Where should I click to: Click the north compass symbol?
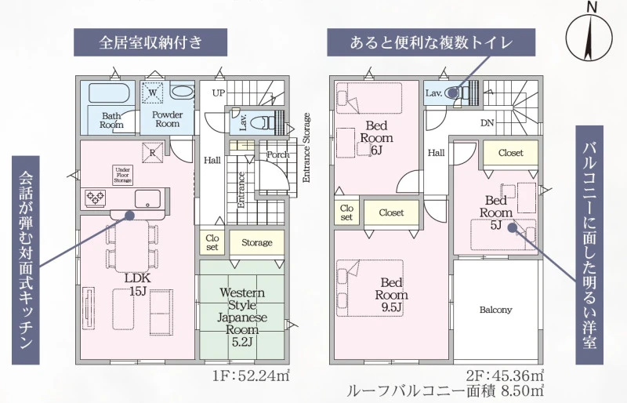coord(589,35)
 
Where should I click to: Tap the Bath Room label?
coord(111,120)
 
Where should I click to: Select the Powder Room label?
coord(167,119)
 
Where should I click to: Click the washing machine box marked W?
coord(153,93)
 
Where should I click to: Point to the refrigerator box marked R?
coord(153,153)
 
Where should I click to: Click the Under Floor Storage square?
coord(123,175)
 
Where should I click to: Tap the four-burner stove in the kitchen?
coord(96,198)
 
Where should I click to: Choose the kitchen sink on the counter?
coord(147,199)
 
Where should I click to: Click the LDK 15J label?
coord(137,284)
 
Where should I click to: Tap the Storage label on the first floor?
coord(257,242)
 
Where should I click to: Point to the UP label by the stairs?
coord(219,93)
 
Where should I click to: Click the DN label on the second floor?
coord(487,123)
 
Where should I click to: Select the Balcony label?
coord(495,310)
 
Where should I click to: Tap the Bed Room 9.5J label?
coord(391,295)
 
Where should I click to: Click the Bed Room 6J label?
coord(376,138)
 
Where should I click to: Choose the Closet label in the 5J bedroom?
coord(511,152)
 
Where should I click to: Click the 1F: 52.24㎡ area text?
coord(251,376)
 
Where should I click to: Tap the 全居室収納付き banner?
coord(150,42)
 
